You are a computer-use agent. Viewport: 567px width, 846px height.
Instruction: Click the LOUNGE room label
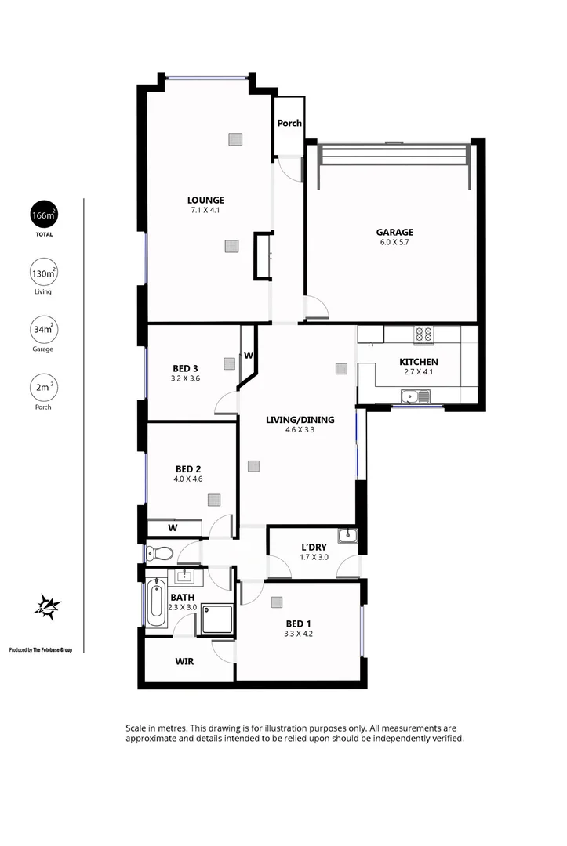(205, 200)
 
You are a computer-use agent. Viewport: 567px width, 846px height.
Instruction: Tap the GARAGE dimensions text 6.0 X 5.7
(394, 243)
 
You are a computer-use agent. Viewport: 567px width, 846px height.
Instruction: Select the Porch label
(289, 123)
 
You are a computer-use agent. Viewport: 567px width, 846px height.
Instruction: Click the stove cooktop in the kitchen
(423, 334)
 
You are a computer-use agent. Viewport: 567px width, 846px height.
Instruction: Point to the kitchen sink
(423, 397)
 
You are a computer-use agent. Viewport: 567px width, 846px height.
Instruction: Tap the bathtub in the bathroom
(155, 604)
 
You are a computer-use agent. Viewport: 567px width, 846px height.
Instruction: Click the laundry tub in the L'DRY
(348, 536)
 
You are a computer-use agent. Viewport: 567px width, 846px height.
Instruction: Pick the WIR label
(184, 661)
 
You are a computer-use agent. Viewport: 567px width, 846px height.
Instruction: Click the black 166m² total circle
(42, 215)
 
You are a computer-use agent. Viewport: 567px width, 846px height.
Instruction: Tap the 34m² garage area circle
(42, 330)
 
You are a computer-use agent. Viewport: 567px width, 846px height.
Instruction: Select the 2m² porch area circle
(42, 388)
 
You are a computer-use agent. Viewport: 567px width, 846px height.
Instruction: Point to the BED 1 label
(300, 624)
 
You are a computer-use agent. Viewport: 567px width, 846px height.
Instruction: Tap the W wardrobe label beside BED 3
(248, 355)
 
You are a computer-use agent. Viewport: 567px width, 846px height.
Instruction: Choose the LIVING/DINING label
(300, 420)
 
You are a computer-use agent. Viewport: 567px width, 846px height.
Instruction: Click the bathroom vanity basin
(185, 578)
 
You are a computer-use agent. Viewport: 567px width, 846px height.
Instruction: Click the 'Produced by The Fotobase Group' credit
(40, 649)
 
